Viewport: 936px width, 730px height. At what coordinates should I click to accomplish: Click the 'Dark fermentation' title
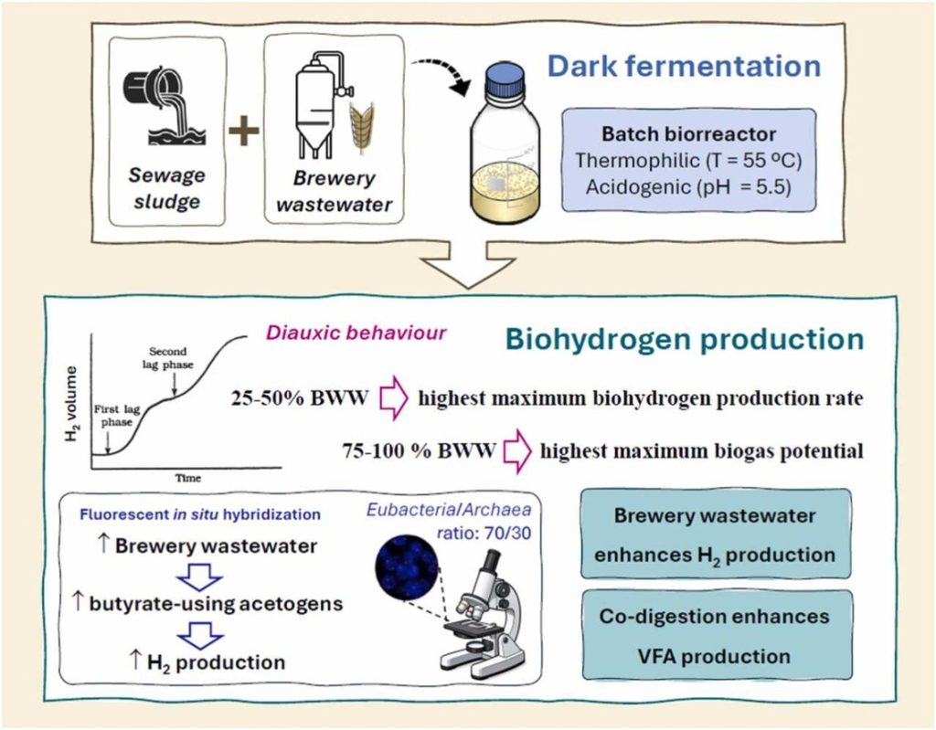click(684, 66)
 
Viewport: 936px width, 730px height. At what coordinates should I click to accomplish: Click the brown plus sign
click(244, 130)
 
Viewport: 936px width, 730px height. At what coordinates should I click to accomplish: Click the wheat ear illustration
click(362, 127)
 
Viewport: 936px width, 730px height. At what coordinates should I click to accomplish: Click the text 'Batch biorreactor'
click(688, 133)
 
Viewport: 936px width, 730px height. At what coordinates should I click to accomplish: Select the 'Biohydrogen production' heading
click(684, 339)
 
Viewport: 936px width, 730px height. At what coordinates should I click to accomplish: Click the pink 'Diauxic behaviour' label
click(356, 333)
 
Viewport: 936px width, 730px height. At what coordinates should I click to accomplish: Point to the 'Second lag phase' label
click(168, 357)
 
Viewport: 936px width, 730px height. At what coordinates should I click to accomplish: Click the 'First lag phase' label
click(116, 416)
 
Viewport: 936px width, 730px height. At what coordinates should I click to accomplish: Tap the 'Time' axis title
click(187, 478)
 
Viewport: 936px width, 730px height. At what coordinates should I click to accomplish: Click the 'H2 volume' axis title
click(71, 404)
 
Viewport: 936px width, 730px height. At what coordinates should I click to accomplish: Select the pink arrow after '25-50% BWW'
click(394, 398)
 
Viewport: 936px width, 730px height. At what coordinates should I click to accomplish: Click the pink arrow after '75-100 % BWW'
click(517, 451)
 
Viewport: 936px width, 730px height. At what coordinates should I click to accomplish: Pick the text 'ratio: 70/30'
click(484, 533)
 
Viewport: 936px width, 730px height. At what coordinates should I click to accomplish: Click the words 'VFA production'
click(714, 657)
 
